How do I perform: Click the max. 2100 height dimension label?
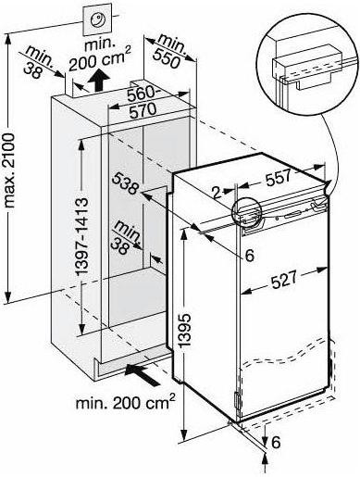click(x=9, y=169)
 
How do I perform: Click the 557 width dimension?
click(x=279, y=178)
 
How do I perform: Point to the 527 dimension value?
click(x=283, y=280)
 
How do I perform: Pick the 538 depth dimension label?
click(x=125, y=184)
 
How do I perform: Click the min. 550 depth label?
click(x=168, y=51)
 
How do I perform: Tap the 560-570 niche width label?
click(x=143, y=102)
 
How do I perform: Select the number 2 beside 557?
click(x=217, y=193)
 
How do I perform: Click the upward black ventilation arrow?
click(x=98, y=79)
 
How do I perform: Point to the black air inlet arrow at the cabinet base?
click(x=143, y=373)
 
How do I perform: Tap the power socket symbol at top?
click(x=97, y=19)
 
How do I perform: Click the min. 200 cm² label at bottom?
click(x=126, y=401)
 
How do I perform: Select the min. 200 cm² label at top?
click(x=99, y=56)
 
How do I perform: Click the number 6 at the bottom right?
click(x=276, y=442)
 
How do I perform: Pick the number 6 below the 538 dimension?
click(x=249, y=255)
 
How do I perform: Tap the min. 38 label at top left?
click(x=38, y=62)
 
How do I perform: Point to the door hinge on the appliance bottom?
click(x=237, y=401)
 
